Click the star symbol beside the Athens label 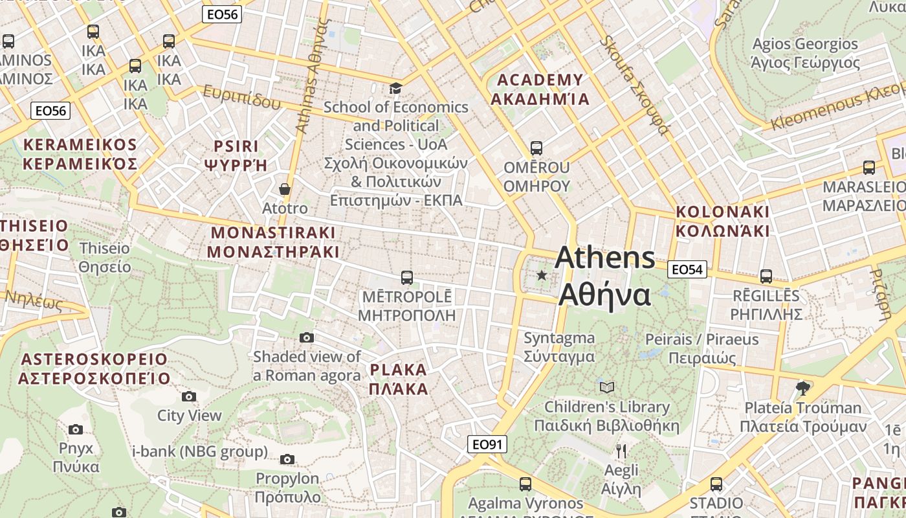point(542,276)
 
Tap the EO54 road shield point(687,269)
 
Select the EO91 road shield point(487,444)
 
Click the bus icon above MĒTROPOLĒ point(406,278)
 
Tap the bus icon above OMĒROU point(536,148)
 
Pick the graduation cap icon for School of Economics point(395,88)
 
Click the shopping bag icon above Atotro point(284,189)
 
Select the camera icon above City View point(189,396)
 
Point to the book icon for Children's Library point(606,387)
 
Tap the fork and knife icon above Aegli point(621,451)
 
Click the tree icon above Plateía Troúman point(802,388)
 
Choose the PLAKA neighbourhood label point(399,379)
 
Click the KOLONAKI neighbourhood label point(722,221)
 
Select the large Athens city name point(604,276)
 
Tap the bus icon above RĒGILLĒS point(766,276)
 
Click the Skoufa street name point(634,84)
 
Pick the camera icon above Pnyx point(76,429)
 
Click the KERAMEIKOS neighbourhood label point(80,153)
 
